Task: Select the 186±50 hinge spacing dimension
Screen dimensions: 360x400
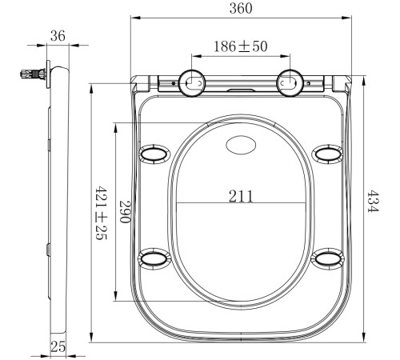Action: click(x=241, y=47)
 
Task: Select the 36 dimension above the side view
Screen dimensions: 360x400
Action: click(x=57, y=35)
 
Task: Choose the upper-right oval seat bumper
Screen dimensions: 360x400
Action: click(x=327, y=153)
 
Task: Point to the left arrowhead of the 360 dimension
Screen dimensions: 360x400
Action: click(x=133, y=18)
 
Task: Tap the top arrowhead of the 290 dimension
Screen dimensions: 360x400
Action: click(x=119, y=126)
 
